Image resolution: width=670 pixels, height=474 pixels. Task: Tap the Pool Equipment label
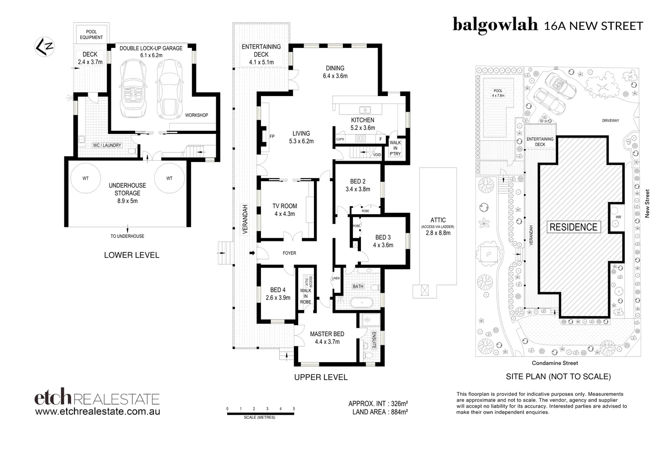point(91,35)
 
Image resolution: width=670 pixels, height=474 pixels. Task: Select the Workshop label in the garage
point(196,115)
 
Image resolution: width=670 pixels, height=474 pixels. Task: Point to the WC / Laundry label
point(107,145)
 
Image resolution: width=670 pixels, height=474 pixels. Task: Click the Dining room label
point(335,72)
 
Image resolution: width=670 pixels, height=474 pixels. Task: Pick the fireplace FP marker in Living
point(272,136)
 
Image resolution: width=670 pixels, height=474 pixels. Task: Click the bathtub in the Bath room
point(360,302)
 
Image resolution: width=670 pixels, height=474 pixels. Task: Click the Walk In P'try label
point(395,148)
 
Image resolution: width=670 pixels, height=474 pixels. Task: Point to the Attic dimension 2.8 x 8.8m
point(438,233)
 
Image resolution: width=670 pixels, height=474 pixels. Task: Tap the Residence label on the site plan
point(574,227)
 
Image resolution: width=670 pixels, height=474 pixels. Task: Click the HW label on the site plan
point(618,217)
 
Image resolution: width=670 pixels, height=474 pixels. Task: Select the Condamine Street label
point(555,363)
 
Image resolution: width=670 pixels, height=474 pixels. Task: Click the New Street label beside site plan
point(647,203)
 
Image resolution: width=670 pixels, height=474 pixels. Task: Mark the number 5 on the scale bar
point(294,409)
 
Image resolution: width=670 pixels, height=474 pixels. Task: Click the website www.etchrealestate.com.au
point(97,412)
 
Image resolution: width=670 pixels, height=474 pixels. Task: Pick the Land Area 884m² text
point(380,412)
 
